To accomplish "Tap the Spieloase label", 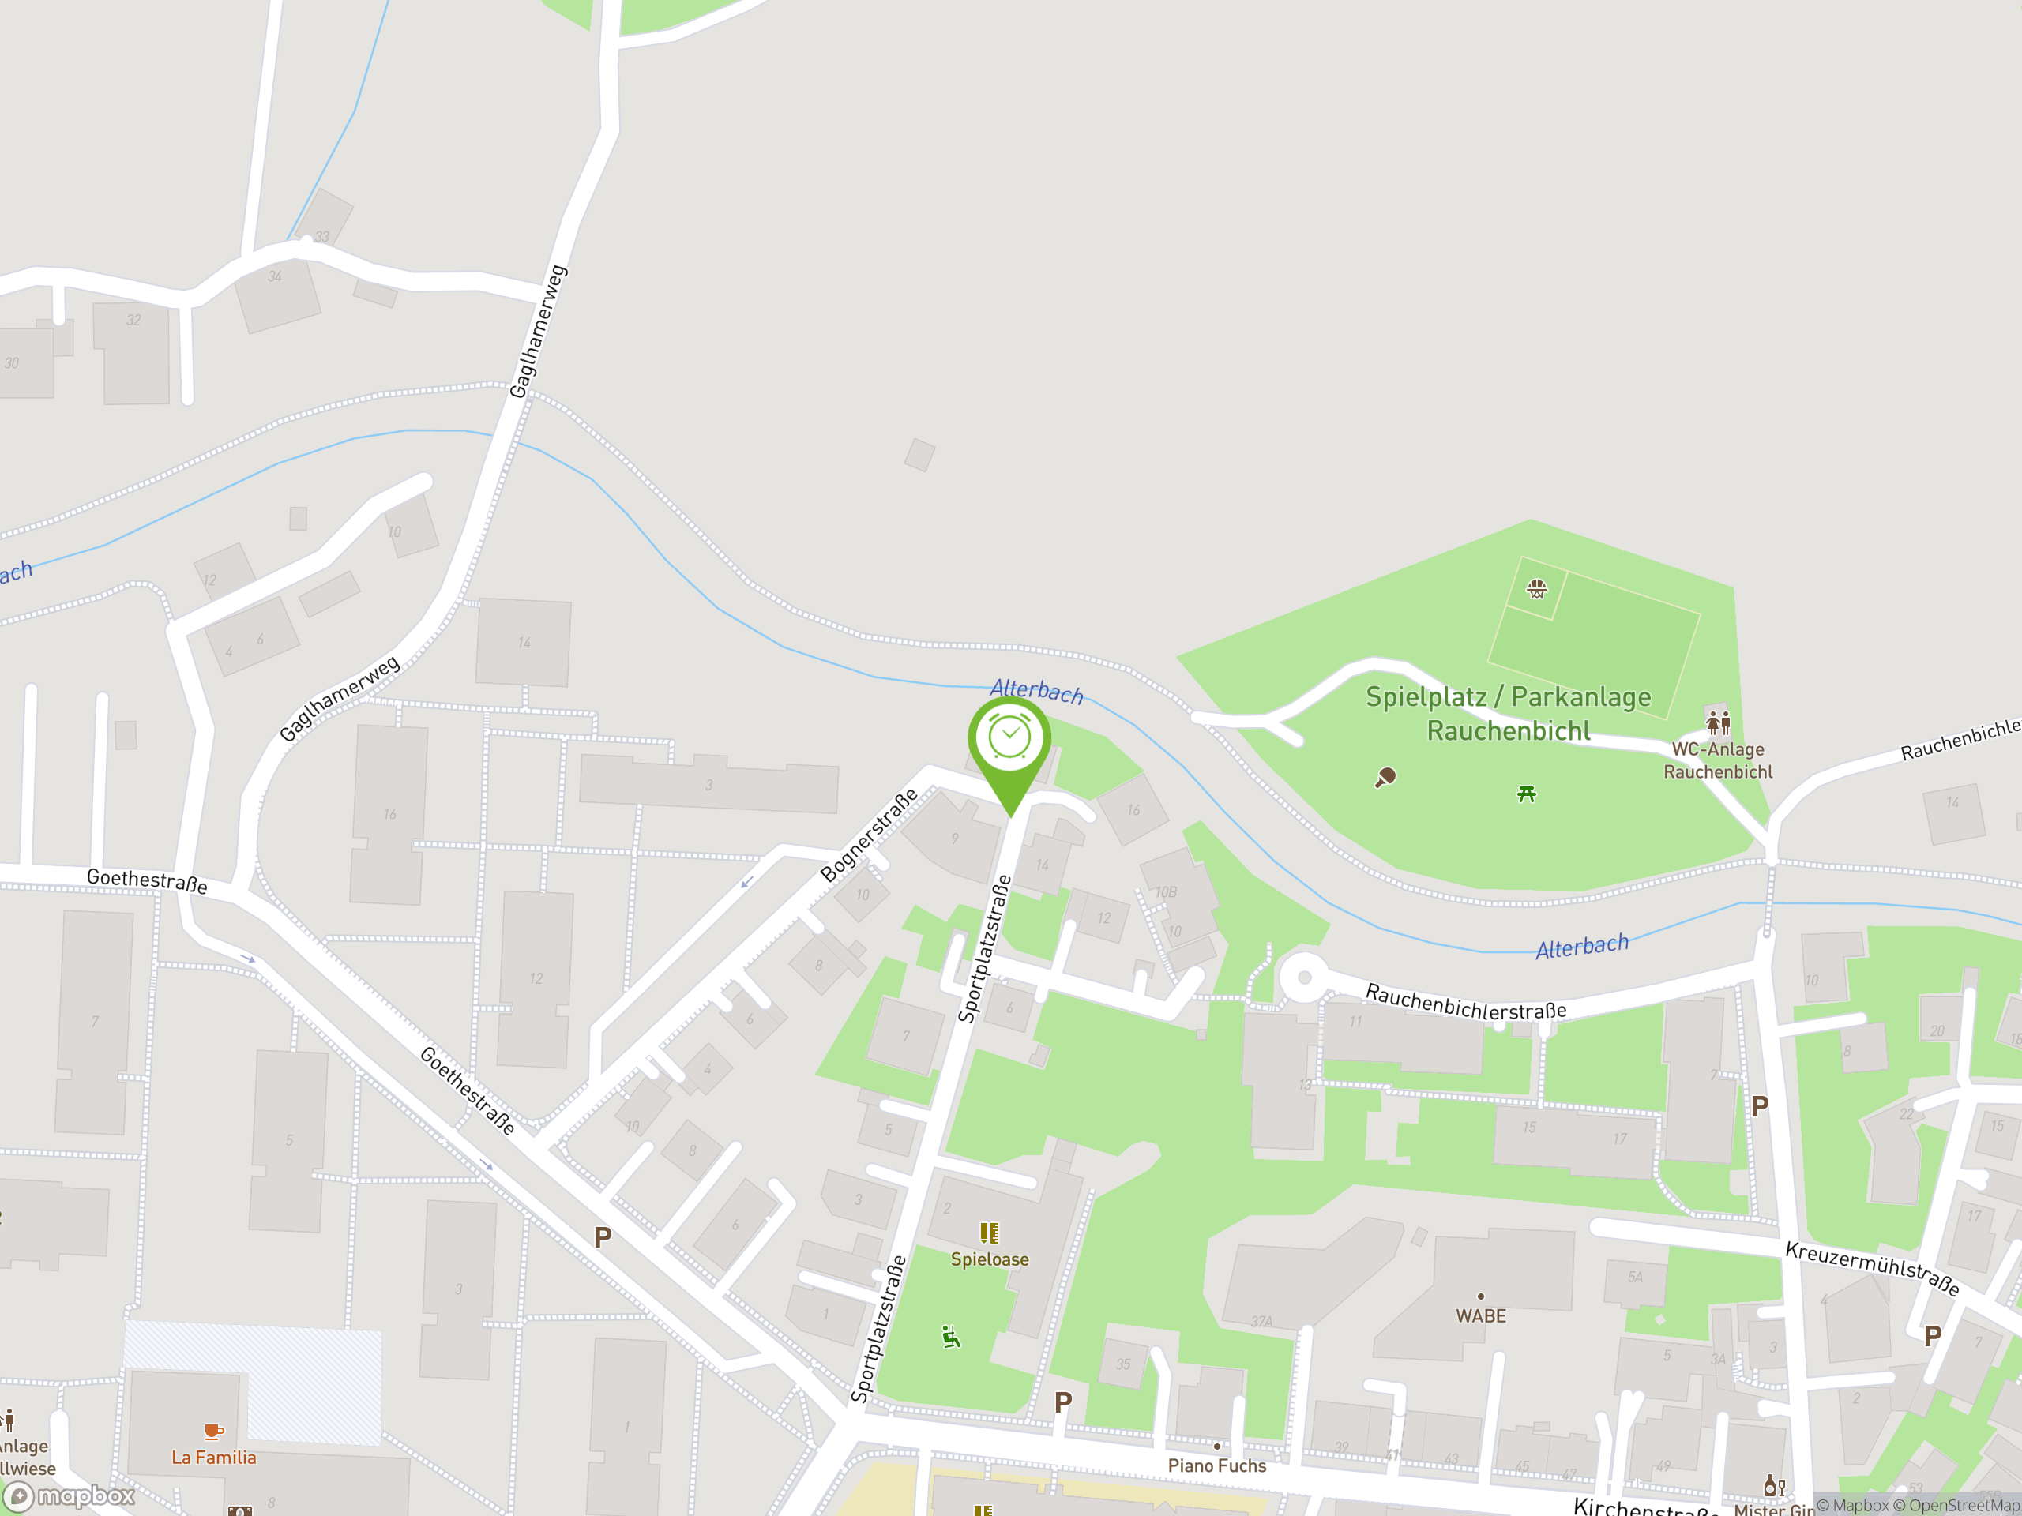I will click(989, 1259).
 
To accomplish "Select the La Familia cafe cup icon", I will click(213, 1431).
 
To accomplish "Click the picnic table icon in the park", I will click(1527, 794).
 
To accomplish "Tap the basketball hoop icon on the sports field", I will click(1536, 588).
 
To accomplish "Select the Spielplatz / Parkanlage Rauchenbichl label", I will click(1509, 714).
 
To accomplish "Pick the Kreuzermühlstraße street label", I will click(1872, 1268).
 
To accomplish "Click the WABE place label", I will click(1481, 1316).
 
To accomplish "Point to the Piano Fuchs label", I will click(1216, 1465).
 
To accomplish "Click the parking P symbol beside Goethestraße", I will click(603, 1238).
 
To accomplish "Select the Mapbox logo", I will click(70, 1496).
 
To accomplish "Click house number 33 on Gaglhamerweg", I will click(321, 237).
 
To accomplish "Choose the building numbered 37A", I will click(1261, 1321).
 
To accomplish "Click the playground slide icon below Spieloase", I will click(952, 1338).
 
